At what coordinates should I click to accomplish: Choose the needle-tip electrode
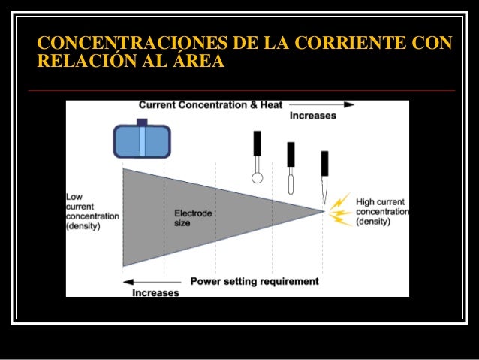pos(324,177)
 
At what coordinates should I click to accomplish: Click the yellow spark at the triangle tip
pos(340,211)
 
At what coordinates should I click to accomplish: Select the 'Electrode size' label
pos(193,218)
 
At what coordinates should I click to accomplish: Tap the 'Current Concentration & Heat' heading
pos(210,105)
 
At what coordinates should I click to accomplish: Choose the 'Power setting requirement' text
pos(255,282)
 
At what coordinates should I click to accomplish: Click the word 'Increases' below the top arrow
pos(312,116)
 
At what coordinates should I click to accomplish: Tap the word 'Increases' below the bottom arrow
pos(155,292)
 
